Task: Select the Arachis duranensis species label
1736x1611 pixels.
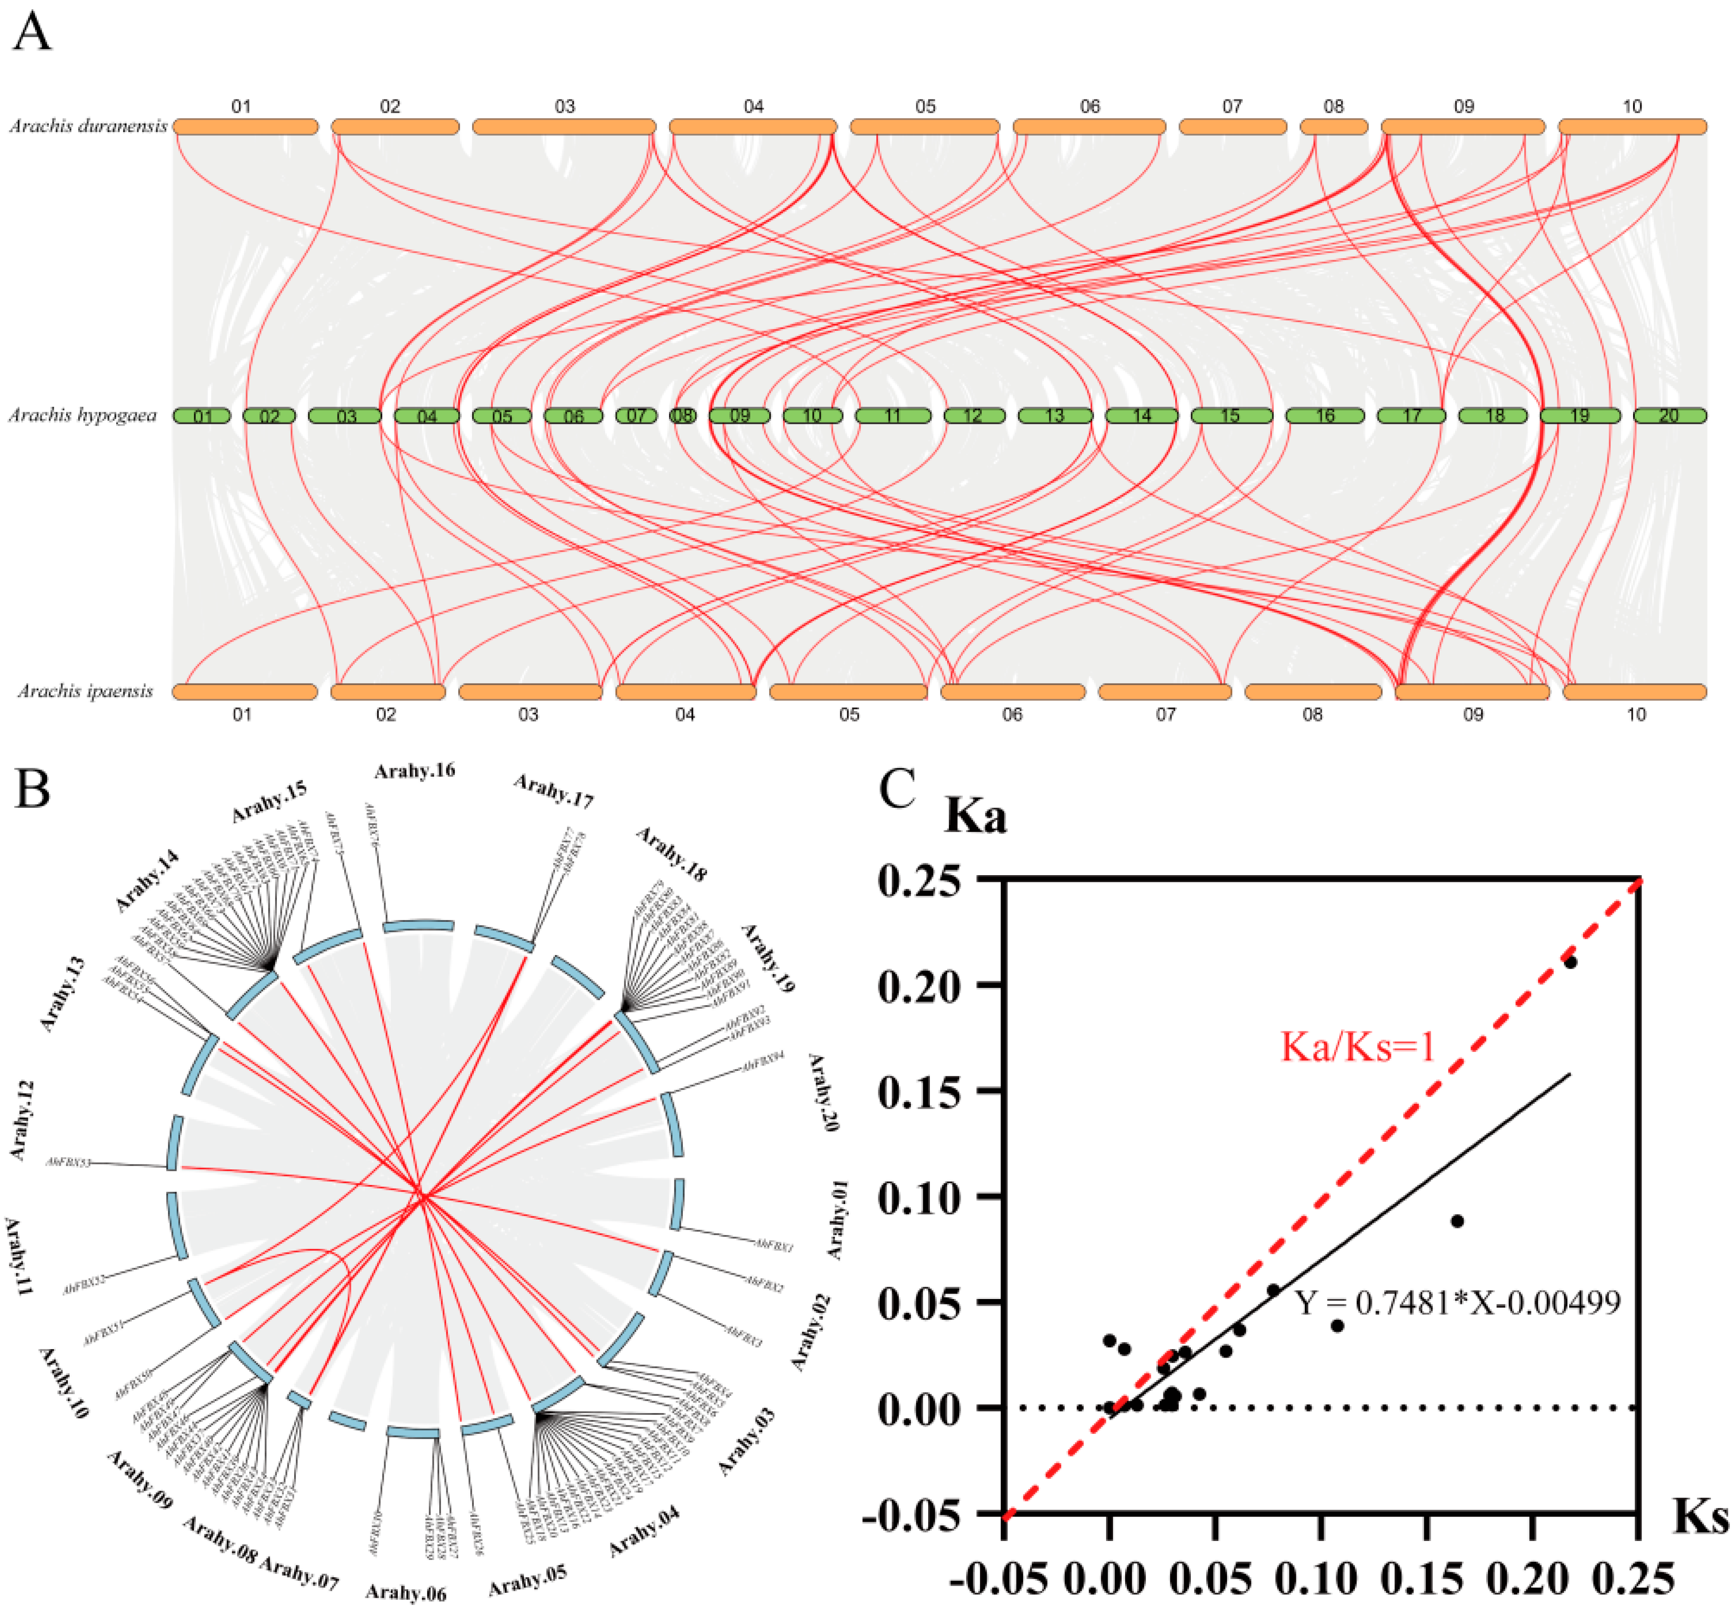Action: [x=88, y=126]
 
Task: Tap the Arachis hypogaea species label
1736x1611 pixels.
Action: [x=83, y=415]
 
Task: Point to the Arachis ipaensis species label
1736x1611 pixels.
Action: [x=86, y=691]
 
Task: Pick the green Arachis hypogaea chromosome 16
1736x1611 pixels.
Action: [x=1325, y=416]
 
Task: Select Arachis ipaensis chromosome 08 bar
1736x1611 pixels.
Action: [x=1312, y=692]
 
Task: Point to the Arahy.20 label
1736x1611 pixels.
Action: [x=823, y=1092]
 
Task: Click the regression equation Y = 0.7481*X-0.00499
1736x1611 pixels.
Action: [x=1457, y=1303]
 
